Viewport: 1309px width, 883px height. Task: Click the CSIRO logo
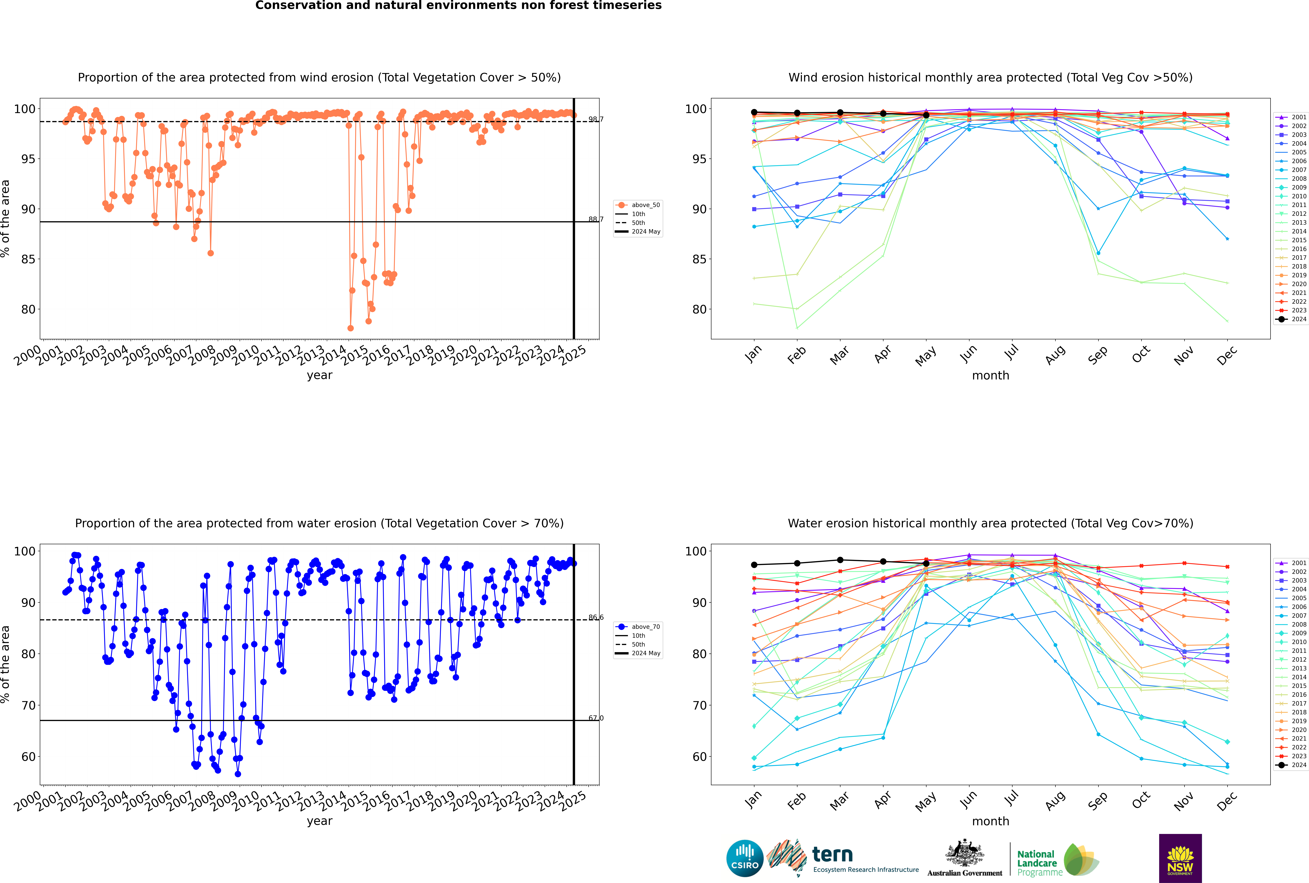745,858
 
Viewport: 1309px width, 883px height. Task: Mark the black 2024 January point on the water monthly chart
754,565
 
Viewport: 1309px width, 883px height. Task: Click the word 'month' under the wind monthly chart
990,376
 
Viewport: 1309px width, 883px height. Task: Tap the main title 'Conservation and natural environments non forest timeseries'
458,6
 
